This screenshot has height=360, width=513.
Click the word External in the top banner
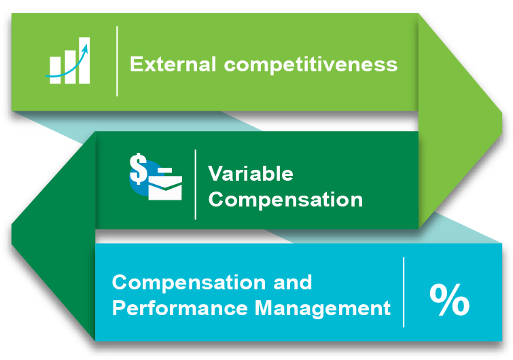coord(173,64)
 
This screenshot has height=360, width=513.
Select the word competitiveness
coord(311,64)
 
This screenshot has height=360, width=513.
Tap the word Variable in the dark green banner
coord(251,173)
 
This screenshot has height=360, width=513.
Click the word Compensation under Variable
coord(285,199)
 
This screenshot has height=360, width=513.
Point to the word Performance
coord(180,308)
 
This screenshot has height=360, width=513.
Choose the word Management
coord(323,308)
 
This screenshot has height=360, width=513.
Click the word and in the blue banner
coord(292,282)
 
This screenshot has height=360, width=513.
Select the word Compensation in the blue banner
coord(189,282)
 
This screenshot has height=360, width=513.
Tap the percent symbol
coord(450,300)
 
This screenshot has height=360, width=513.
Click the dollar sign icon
coord(138,168)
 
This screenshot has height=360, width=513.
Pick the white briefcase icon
coord(165,187)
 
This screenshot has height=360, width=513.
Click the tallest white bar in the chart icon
coord(84,60)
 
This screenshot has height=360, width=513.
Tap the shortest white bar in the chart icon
coord(55,70)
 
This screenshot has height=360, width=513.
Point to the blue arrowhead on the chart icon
coord(86,49)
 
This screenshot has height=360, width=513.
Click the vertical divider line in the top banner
coord(117,61)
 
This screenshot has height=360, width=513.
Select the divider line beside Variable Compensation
coord(195,185)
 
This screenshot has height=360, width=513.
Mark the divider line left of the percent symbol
coord(404,292)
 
